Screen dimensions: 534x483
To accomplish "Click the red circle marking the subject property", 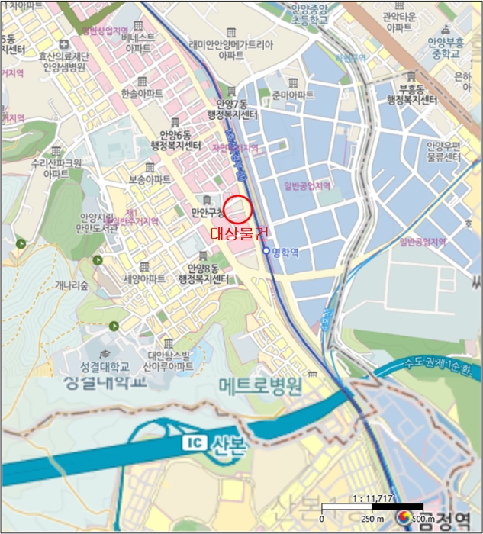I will tap(237, 209).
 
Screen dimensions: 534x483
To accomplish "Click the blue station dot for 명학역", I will tap(266, 251).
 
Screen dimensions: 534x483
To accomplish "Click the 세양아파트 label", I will tap(143, 279).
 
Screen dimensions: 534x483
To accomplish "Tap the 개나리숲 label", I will tap(72, 285).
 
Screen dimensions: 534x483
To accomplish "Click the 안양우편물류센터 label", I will tap(445, 151).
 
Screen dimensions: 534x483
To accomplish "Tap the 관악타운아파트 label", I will tap(398, 21).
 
